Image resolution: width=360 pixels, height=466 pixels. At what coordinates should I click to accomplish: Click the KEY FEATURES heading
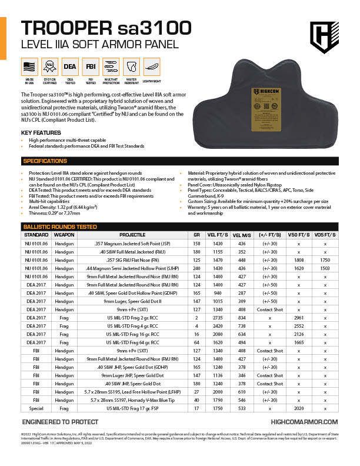(x=41, y=132)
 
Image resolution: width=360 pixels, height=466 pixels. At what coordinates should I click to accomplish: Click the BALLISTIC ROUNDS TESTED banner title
(x=59, y=226)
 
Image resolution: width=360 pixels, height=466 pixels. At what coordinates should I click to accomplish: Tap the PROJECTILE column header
(x=136, y=234)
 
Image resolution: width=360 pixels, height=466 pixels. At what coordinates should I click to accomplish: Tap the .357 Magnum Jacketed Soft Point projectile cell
(x=136, y=242)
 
